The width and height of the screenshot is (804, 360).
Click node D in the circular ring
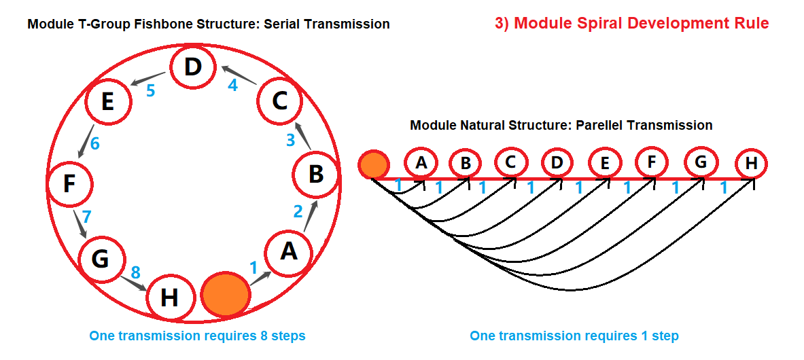click(194, 67)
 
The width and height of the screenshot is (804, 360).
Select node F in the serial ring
click(69, 183)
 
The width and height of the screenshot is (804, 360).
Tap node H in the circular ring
click(170, 298)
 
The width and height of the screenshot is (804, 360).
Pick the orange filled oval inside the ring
click(225, 293)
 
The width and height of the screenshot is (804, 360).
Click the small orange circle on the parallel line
click(373, 165)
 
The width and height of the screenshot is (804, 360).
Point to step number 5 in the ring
click(151, 90)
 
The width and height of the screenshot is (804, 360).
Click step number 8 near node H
click(135, 272)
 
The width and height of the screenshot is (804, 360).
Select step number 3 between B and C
click(290, 141)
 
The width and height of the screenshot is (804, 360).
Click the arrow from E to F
click(85, 142)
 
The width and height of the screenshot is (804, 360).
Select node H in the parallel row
click(751, 164)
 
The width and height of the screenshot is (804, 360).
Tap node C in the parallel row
click(511, 163)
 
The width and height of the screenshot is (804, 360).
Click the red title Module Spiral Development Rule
click(631, 23)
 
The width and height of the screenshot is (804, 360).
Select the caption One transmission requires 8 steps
click(197, 336)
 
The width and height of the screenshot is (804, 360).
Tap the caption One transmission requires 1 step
click(574, 336)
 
